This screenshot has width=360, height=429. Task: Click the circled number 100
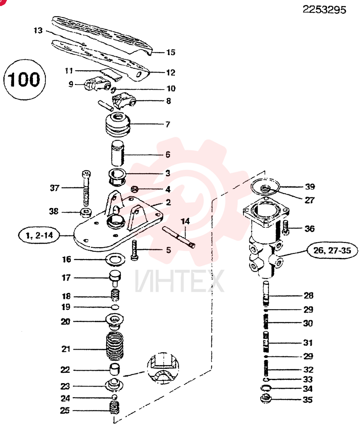click(x=24, y=80)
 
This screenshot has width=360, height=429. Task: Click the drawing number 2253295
click(x=324, y=10)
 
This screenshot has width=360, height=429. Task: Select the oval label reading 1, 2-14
click(x=39, y=235)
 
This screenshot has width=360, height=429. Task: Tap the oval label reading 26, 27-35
click(x=332, y=251)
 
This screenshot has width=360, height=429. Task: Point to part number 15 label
click(x=171, y=52)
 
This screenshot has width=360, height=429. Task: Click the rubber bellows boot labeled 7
click(x=118, y=124)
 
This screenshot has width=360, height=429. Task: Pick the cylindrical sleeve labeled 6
click(x=117, y=153)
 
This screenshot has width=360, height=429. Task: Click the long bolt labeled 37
click(x=86, y=189)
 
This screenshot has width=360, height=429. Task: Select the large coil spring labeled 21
click(x=115, y=346)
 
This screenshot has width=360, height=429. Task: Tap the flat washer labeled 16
click(x=115, y=260)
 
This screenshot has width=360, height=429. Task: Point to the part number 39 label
click(x=310, y=187)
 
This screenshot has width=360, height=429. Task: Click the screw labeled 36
click(x=286, y=228)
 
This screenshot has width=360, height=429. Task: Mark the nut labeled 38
click(x=86, y=212)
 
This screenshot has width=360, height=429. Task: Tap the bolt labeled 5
click(x=134, y=250)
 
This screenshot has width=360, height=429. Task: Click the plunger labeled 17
click(x=115, y=278)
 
